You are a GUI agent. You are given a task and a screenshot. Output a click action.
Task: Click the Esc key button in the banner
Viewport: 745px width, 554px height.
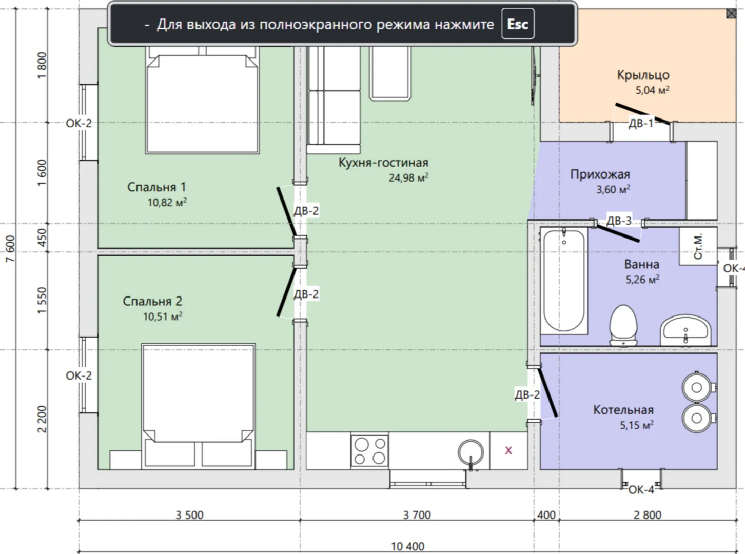(518, 24)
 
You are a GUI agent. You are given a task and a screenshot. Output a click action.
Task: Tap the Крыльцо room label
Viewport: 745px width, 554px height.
(643, 75)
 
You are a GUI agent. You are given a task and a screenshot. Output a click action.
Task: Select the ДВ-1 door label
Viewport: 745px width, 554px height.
(641, 123)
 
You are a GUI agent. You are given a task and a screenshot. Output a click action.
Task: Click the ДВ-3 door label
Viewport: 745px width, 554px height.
(619, 221)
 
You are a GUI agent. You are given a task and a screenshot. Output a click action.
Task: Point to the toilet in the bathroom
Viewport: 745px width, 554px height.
(623, 325)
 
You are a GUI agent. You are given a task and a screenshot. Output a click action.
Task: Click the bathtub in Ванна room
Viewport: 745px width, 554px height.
(563, 281)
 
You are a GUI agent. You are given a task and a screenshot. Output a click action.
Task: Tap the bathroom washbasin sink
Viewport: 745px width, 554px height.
(685, 330)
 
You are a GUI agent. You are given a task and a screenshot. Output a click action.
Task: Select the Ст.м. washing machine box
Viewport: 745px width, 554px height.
(698, 246)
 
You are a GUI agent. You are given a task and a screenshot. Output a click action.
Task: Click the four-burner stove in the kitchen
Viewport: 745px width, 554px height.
(369, 450)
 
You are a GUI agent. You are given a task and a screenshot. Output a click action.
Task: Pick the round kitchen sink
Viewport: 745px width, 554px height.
(470, 452)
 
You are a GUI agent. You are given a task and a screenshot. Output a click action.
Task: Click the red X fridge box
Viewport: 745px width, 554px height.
(508, 450)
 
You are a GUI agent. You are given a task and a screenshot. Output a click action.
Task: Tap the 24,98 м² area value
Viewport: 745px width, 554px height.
(408, 177)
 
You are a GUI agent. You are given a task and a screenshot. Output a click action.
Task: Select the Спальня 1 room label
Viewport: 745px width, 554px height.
(156, 187)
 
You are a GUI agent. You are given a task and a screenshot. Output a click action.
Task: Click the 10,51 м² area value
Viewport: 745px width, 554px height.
(163, 316)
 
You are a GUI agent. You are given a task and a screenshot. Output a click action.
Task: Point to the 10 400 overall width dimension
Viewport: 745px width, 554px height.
(407, 547)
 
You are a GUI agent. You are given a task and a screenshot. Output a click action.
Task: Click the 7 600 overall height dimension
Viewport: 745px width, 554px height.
(10, 249)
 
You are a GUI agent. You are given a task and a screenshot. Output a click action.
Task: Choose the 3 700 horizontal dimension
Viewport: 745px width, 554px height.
(417, 515)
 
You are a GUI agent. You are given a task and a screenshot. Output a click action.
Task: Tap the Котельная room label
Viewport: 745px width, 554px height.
(623, 410)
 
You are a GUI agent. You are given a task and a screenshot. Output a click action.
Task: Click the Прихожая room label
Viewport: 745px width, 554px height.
(600, 174)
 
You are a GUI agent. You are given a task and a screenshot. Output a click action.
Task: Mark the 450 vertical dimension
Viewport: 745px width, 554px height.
(42, 238)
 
